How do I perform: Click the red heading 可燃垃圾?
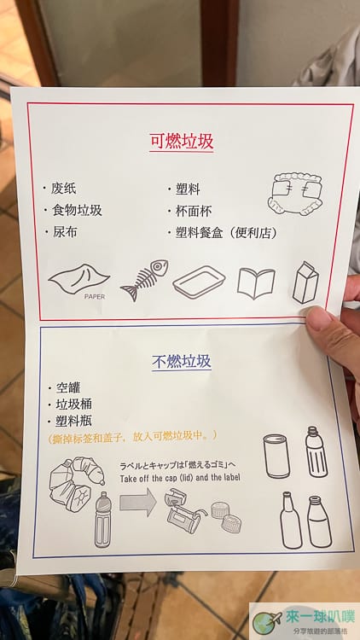[182, 142]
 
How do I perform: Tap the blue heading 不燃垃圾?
[182, 361]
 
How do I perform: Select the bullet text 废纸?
[63, 189]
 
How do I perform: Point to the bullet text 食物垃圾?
[76, 210]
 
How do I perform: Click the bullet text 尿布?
[65, 232]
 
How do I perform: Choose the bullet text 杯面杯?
[194, 211]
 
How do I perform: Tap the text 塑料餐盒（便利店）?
[227, 233]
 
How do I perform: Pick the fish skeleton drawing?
[144, 280]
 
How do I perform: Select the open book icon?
[256, 282]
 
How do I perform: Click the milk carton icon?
[305, 282]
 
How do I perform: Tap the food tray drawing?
[199, 281]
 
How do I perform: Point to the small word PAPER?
[95, 297]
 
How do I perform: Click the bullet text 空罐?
[67, 387]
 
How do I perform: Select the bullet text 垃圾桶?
[73, 404]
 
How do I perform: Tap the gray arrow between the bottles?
[138, 503]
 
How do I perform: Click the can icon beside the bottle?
[276, 456]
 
